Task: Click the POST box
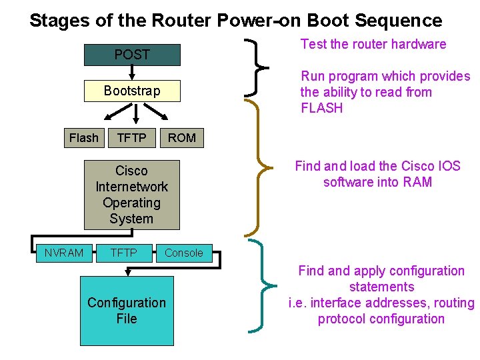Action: click(x=132, y=55)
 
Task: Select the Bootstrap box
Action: click(x=132, y=91)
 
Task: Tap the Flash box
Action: click(x=84, y=138)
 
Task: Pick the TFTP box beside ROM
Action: click(x=132, y=138)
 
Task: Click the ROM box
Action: click(x=182, y=138)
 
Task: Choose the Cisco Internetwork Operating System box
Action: click(x=132, y=195)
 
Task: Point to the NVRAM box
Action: click(x=64, y=253)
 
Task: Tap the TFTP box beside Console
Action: click(x=123, y=253)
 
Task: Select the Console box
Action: click(x=183, y=253)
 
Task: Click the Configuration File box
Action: click(x=127, y=311)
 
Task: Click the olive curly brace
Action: click(x=257, y=167)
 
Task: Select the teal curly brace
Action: click(x=260, y=287)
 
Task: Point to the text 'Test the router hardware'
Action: click(x=373, y=45)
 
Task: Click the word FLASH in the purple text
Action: click(x=322, y=108)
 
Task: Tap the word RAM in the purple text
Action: click(x=417, y=182)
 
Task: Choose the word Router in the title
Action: click(x=179, y=20)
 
